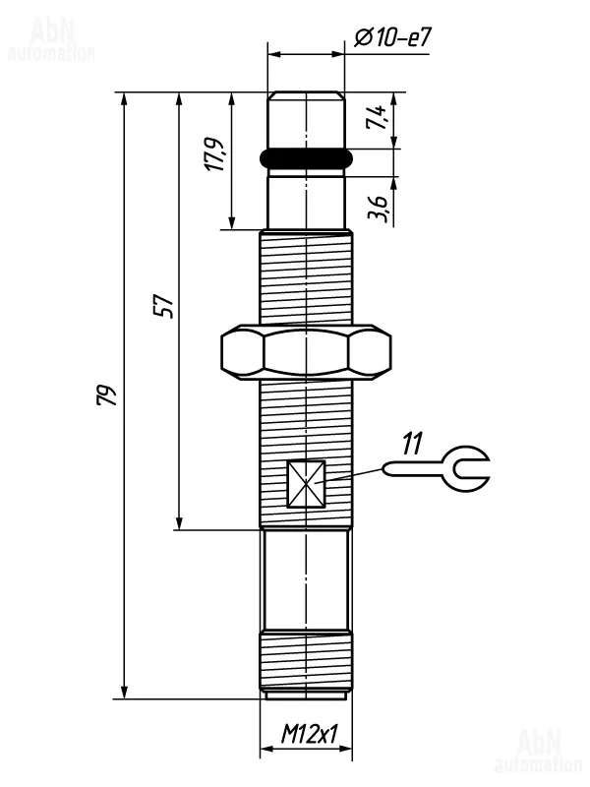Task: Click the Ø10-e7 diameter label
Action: point(392,37)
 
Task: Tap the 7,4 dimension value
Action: point(377,117)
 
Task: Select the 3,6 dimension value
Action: point(378,209)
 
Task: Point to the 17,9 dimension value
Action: point(215,153)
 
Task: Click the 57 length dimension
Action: point(163,306)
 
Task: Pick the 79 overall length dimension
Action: point(106,395)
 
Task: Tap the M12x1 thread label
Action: point(309,735)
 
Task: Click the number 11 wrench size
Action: point(412,443)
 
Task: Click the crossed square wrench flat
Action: point(306,484)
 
